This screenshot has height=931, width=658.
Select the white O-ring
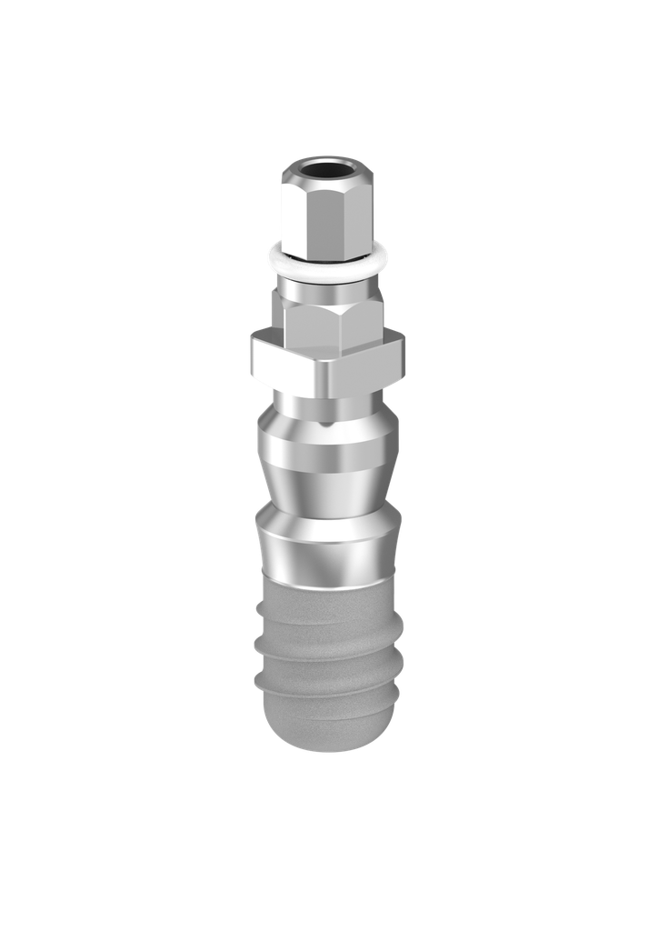(327, 270)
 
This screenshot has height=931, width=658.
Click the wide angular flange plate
(327, 364)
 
